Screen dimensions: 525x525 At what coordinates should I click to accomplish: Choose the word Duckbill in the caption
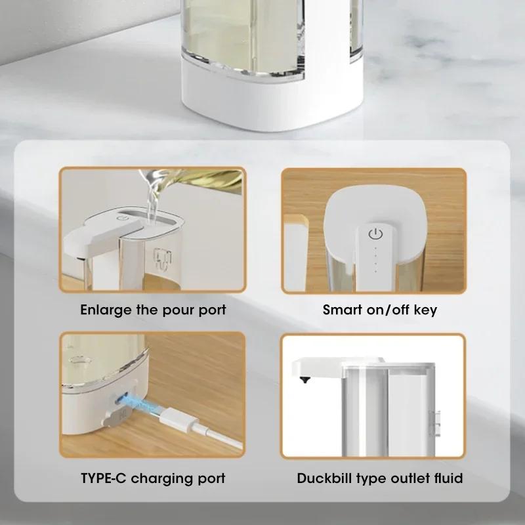pyautogui.click(x=324, y=478)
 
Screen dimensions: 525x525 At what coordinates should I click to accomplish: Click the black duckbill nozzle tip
pyautogui.click(x=304, y=379)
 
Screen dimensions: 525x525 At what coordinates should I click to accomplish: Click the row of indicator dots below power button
pyautogui.click(x=375, y=259)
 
